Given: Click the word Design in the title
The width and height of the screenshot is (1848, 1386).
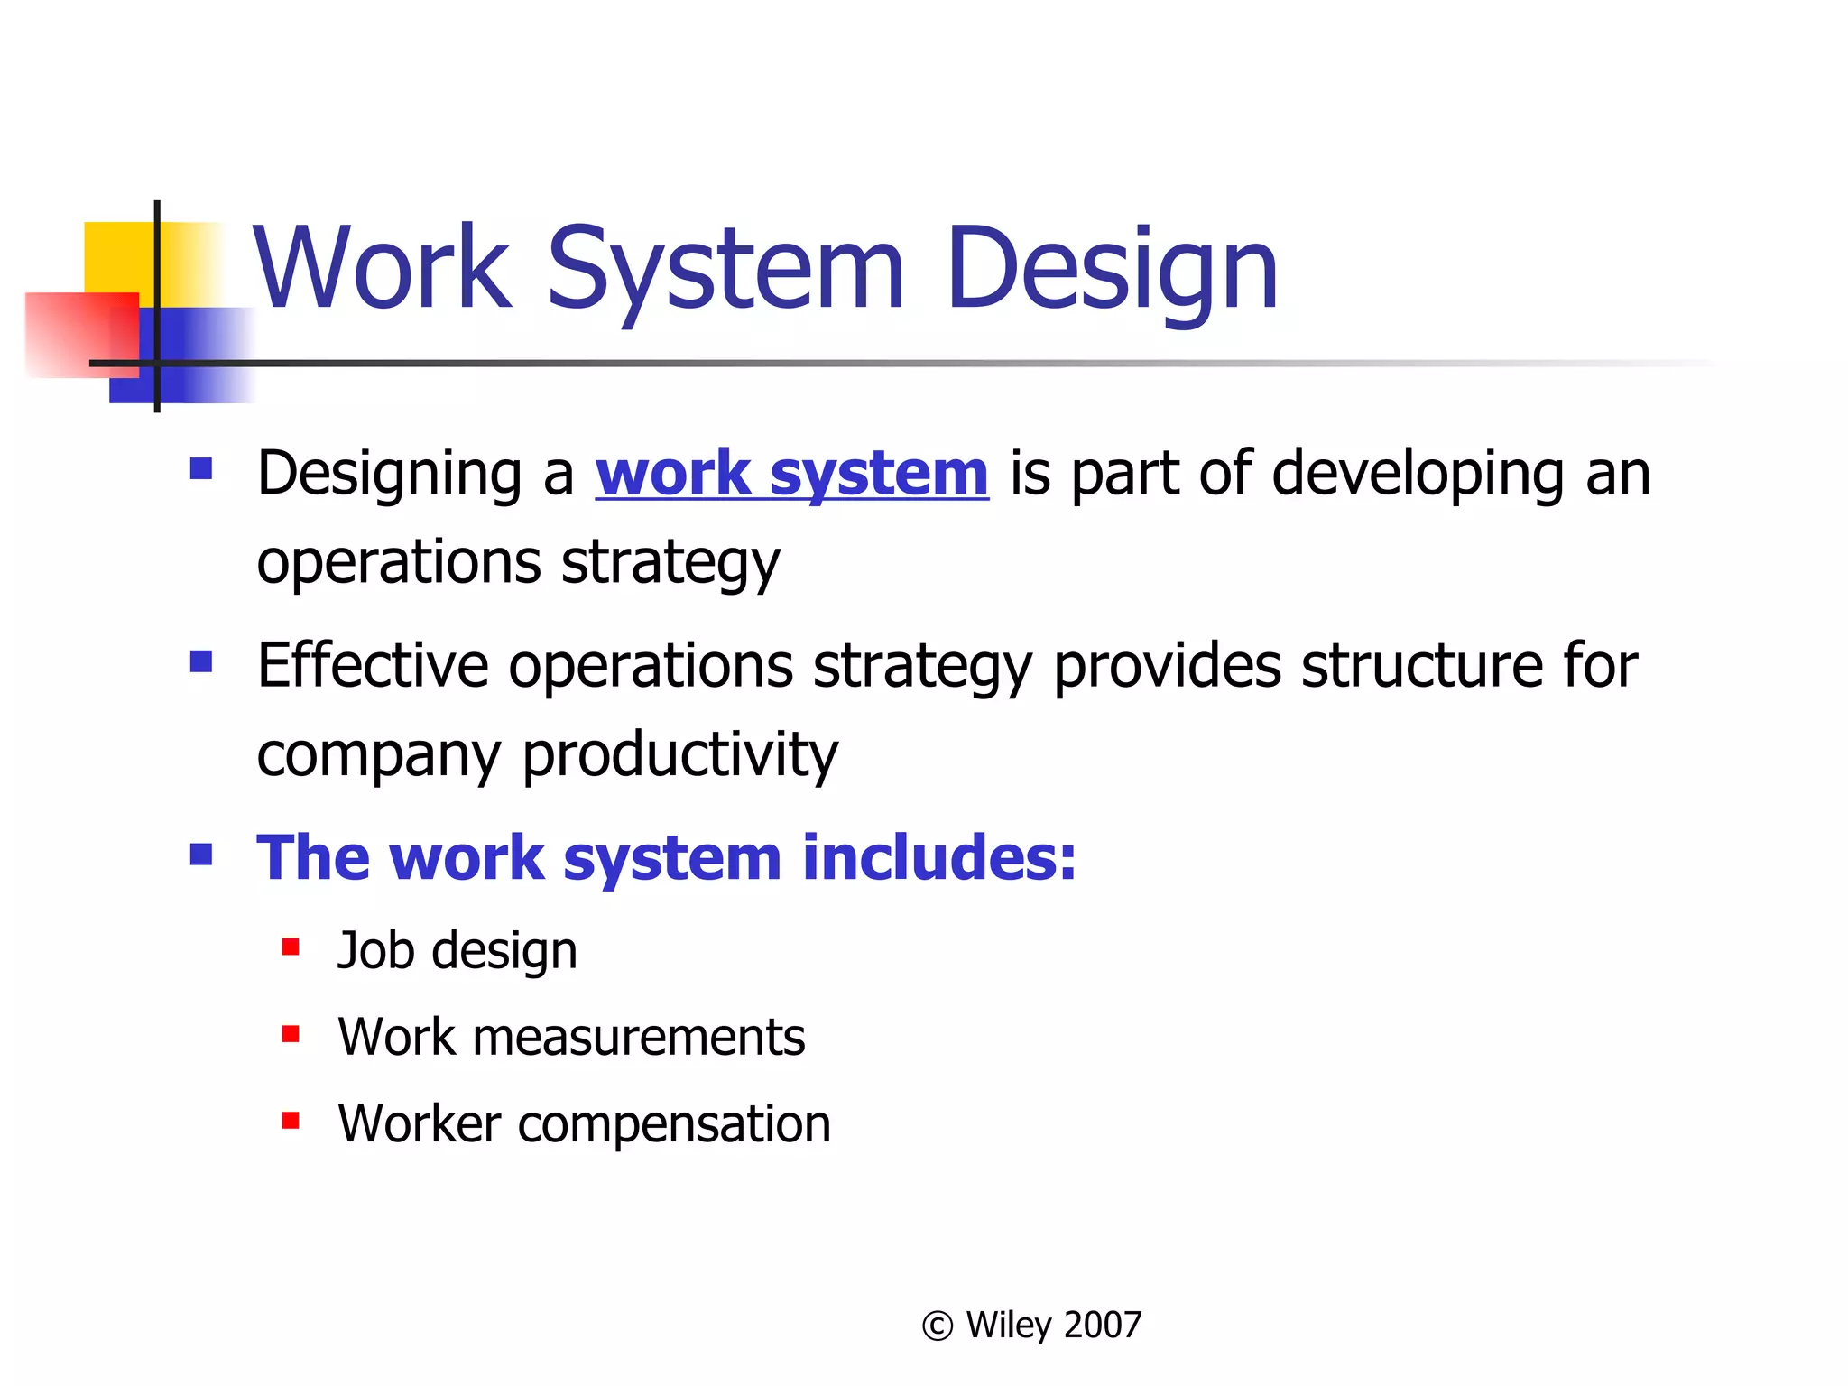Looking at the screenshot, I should tap(1112, 269).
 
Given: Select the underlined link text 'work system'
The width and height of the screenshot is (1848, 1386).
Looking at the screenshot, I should tap(791, 474).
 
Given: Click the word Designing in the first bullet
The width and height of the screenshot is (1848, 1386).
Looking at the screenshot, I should tap(390, 474).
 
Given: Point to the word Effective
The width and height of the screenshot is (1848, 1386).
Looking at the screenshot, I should tap(372, 666).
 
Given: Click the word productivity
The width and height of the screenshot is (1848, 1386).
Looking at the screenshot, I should tap(680, 754).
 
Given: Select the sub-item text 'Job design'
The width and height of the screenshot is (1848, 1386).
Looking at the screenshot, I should tap(457, 951).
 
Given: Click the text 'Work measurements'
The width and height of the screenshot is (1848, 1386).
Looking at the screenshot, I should tap(571, 1037).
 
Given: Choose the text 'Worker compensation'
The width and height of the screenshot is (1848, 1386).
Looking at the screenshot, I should tap(584, 1123).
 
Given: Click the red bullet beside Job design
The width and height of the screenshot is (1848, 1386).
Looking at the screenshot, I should tap(291, 947).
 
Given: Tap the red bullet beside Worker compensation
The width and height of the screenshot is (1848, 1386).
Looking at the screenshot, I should tap(291, 1121).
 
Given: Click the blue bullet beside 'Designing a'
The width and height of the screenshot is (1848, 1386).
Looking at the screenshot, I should tap(201, 468).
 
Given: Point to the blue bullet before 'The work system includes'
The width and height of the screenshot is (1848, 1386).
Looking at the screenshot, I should tap(201, 854).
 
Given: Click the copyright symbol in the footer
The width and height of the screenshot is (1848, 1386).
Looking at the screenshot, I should tap(938, 1326).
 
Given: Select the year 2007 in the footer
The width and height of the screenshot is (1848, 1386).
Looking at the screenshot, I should tap(1103, 1325).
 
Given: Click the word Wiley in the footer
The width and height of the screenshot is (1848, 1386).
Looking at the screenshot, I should tap(1008, 1325).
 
